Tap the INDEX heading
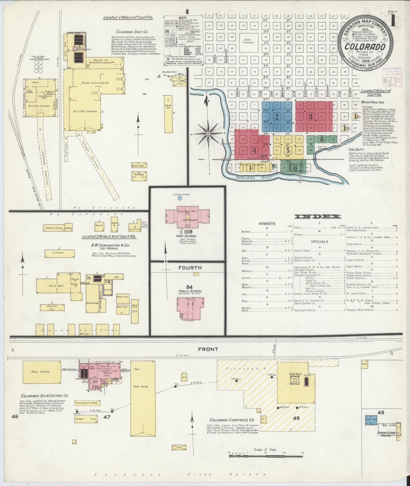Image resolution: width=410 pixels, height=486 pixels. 317,217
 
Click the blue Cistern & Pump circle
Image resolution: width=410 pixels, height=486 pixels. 180,198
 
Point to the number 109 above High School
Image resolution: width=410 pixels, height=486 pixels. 187,232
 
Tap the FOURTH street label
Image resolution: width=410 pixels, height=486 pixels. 190,268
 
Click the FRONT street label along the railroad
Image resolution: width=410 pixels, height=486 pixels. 208,349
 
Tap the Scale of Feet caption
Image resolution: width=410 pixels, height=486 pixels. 265,449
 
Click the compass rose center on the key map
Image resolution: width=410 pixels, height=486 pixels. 208,133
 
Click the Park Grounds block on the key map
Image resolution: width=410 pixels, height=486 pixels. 248,41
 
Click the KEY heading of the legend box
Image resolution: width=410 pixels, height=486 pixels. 183,18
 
